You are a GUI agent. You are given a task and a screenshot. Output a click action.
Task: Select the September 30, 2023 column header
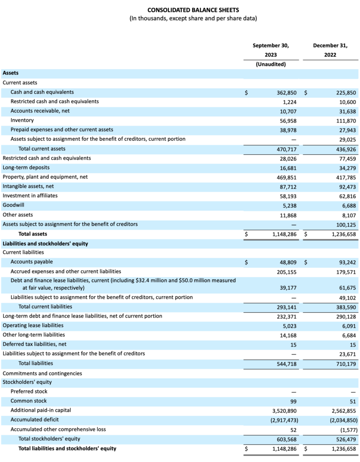pos(271,50)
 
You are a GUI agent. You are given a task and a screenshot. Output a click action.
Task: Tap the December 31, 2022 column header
pos(330,50)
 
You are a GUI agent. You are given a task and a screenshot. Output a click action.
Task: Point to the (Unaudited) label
pos(271,64)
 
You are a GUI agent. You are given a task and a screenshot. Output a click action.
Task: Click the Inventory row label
pos(22,120)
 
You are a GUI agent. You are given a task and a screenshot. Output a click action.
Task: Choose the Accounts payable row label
pos(32,262)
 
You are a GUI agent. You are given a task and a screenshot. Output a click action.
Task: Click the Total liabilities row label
pos(36,363)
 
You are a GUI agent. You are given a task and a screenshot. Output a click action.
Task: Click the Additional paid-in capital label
pos(41,410)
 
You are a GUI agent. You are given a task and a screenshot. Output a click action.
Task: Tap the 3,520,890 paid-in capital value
pos(284,411)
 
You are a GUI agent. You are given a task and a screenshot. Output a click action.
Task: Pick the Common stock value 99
pos(293,401)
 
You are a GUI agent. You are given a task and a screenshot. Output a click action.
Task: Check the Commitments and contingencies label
pos(42,373)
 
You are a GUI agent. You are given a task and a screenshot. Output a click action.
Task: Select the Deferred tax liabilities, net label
pos(34,344)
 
